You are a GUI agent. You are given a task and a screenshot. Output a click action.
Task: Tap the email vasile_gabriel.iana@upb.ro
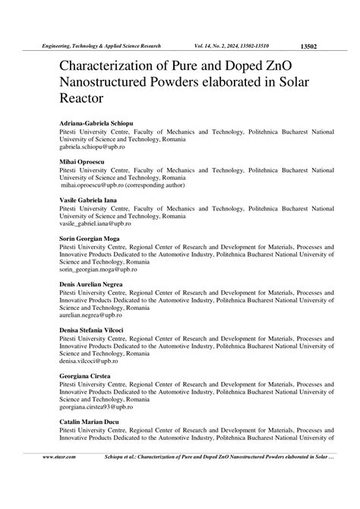point(100,224)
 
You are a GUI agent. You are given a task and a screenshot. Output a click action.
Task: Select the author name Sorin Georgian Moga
point(91,239)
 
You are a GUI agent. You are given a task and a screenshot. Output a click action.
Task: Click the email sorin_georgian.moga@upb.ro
point(102,270)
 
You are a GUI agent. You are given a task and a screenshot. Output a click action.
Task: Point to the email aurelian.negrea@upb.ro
point(96,315)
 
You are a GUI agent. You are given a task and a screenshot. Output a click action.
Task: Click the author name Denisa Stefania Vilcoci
point(97,330)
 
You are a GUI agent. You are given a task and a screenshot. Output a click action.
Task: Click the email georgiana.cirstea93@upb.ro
point(102,406)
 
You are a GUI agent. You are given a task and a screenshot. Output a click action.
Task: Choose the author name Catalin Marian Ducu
point(90,421)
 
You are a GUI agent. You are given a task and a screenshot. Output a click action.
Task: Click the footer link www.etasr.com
point(58,458)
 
